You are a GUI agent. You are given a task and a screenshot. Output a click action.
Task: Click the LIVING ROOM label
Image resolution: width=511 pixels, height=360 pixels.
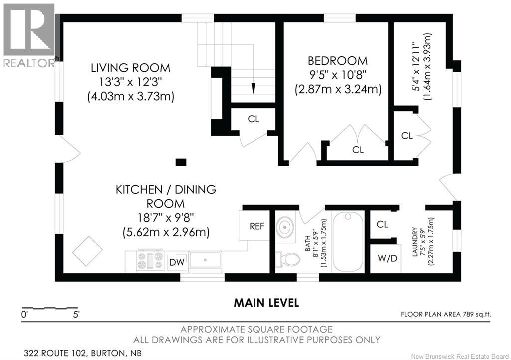[130, 68]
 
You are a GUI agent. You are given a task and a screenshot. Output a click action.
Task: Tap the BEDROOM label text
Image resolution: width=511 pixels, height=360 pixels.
[338, 61]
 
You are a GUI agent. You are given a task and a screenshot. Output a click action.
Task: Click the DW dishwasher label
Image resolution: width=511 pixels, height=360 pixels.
[177, 262]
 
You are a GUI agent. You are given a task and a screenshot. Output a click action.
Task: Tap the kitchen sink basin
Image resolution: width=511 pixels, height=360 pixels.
[205, 260]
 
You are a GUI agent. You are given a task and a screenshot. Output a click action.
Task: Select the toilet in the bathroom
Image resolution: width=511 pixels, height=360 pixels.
[288, 259]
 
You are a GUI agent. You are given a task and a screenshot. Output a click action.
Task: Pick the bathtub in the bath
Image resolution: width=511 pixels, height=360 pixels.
[348, 241]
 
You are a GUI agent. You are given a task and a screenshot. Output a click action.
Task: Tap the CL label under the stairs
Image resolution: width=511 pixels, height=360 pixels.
[254, 119]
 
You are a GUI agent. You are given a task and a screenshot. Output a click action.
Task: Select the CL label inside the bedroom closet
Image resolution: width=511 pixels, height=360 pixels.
[358, 150]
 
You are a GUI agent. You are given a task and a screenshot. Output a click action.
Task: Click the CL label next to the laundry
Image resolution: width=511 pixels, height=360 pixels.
[382, 224]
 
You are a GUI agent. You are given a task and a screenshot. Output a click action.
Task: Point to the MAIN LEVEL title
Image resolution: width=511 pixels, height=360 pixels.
[266, 303]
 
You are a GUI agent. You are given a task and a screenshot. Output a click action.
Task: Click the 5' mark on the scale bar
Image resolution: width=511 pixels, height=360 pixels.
[76, 315]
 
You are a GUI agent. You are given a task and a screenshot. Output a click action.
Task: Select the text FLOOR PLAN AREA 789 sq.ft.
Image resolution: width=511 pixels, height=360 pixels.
[446, 314]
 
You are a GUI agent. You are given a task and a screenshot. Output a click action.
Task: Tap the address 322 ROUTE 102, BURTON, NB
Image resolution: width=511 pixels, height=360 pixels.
[83, 353]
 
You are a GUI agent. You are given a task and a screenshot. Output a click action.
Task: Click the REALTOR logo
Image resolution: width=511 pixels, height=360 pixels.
[29, 35]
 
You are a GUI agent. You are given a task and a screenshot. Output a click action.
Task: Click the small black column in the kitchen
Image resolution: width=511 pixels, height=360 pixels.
[181, 162]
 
